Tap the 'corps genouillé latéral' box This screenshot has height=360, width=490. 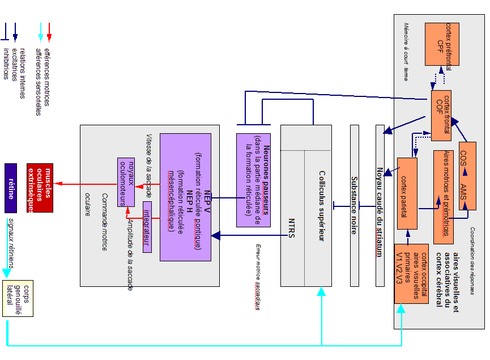coord(18,298)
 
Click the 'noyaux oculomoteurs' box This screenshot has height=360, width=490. coord(126,182)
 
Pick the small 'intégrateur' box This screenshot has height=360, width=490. coord(147,227)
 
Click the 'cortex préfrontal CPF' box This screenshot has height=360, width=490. coord(442,44)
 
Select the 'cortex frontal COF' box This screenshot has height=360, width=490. coord(441,115)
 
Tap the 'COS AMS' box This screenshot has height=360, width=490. coord(467,176)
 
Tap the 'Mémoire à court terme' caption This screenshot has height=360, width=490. coord(406,51)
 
